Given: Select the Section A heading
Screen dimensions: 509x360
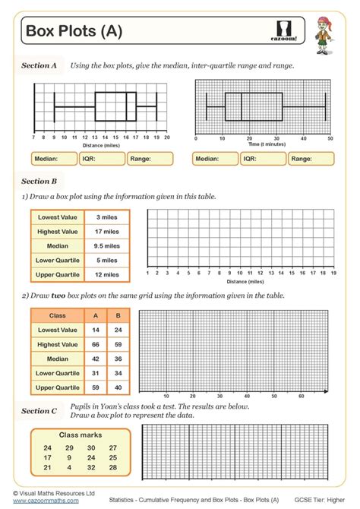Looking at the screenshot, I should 39,66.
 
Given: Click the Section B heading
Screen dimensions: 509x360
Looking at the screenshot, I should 39,181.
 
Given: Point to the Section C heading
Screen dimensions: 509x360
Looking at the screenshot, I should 39,410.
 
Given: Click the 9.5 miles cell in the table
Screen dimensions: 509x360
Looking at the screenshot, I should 107,245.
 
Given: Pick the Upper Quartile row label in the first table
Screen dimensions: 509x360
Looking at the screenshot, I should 58,274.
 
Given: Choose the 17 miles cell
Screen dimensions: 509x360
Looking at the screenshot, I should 107,231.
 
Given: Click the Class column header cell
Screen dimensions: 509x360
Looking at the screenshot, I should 58,315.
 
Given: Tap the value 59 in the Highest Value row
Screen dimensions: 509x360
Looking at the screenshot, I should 117,344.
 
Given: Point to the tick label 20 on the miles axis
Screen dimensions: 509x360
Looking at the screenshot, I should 166,138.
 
